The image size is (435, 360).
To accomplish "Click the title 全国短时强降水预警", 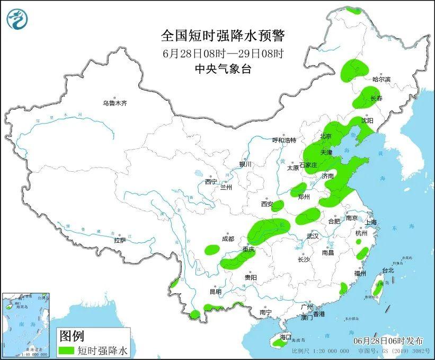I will [x=223, y=36].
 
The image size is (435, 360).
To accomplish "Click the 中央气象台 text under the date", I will [x=223, y=68].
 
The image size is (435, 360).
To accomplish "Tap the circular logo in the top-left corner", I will [x=17, y=19].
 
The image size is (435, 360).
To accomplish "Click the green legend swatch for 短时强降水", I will [x=67, y=350].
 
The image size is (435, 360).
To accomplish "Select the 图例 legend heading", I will [x=71, y=336].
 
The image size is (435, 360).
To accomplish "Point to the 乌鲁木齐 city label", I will [x=115, y=103].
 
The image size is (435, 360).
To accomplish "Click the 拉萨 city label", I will [x=120, y=240].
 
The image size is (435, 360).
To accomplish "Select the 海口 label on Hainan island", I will [x=286, y=337].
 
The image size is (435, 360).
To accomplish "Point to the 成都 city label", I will [x=228, y=239].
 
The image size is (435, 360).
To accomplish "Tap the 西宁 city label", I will [x=211, y=182].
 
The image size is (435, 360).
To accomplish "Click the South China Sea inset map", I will [x=26, y=323].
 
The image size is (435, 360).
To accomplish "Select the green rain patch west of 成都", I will [x=212, y=249].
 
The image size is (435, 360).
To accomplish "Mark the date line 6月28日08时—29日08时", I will [x=223, y=53].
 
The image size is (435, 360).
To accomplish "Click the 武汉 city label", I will [x=312, y=236].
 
